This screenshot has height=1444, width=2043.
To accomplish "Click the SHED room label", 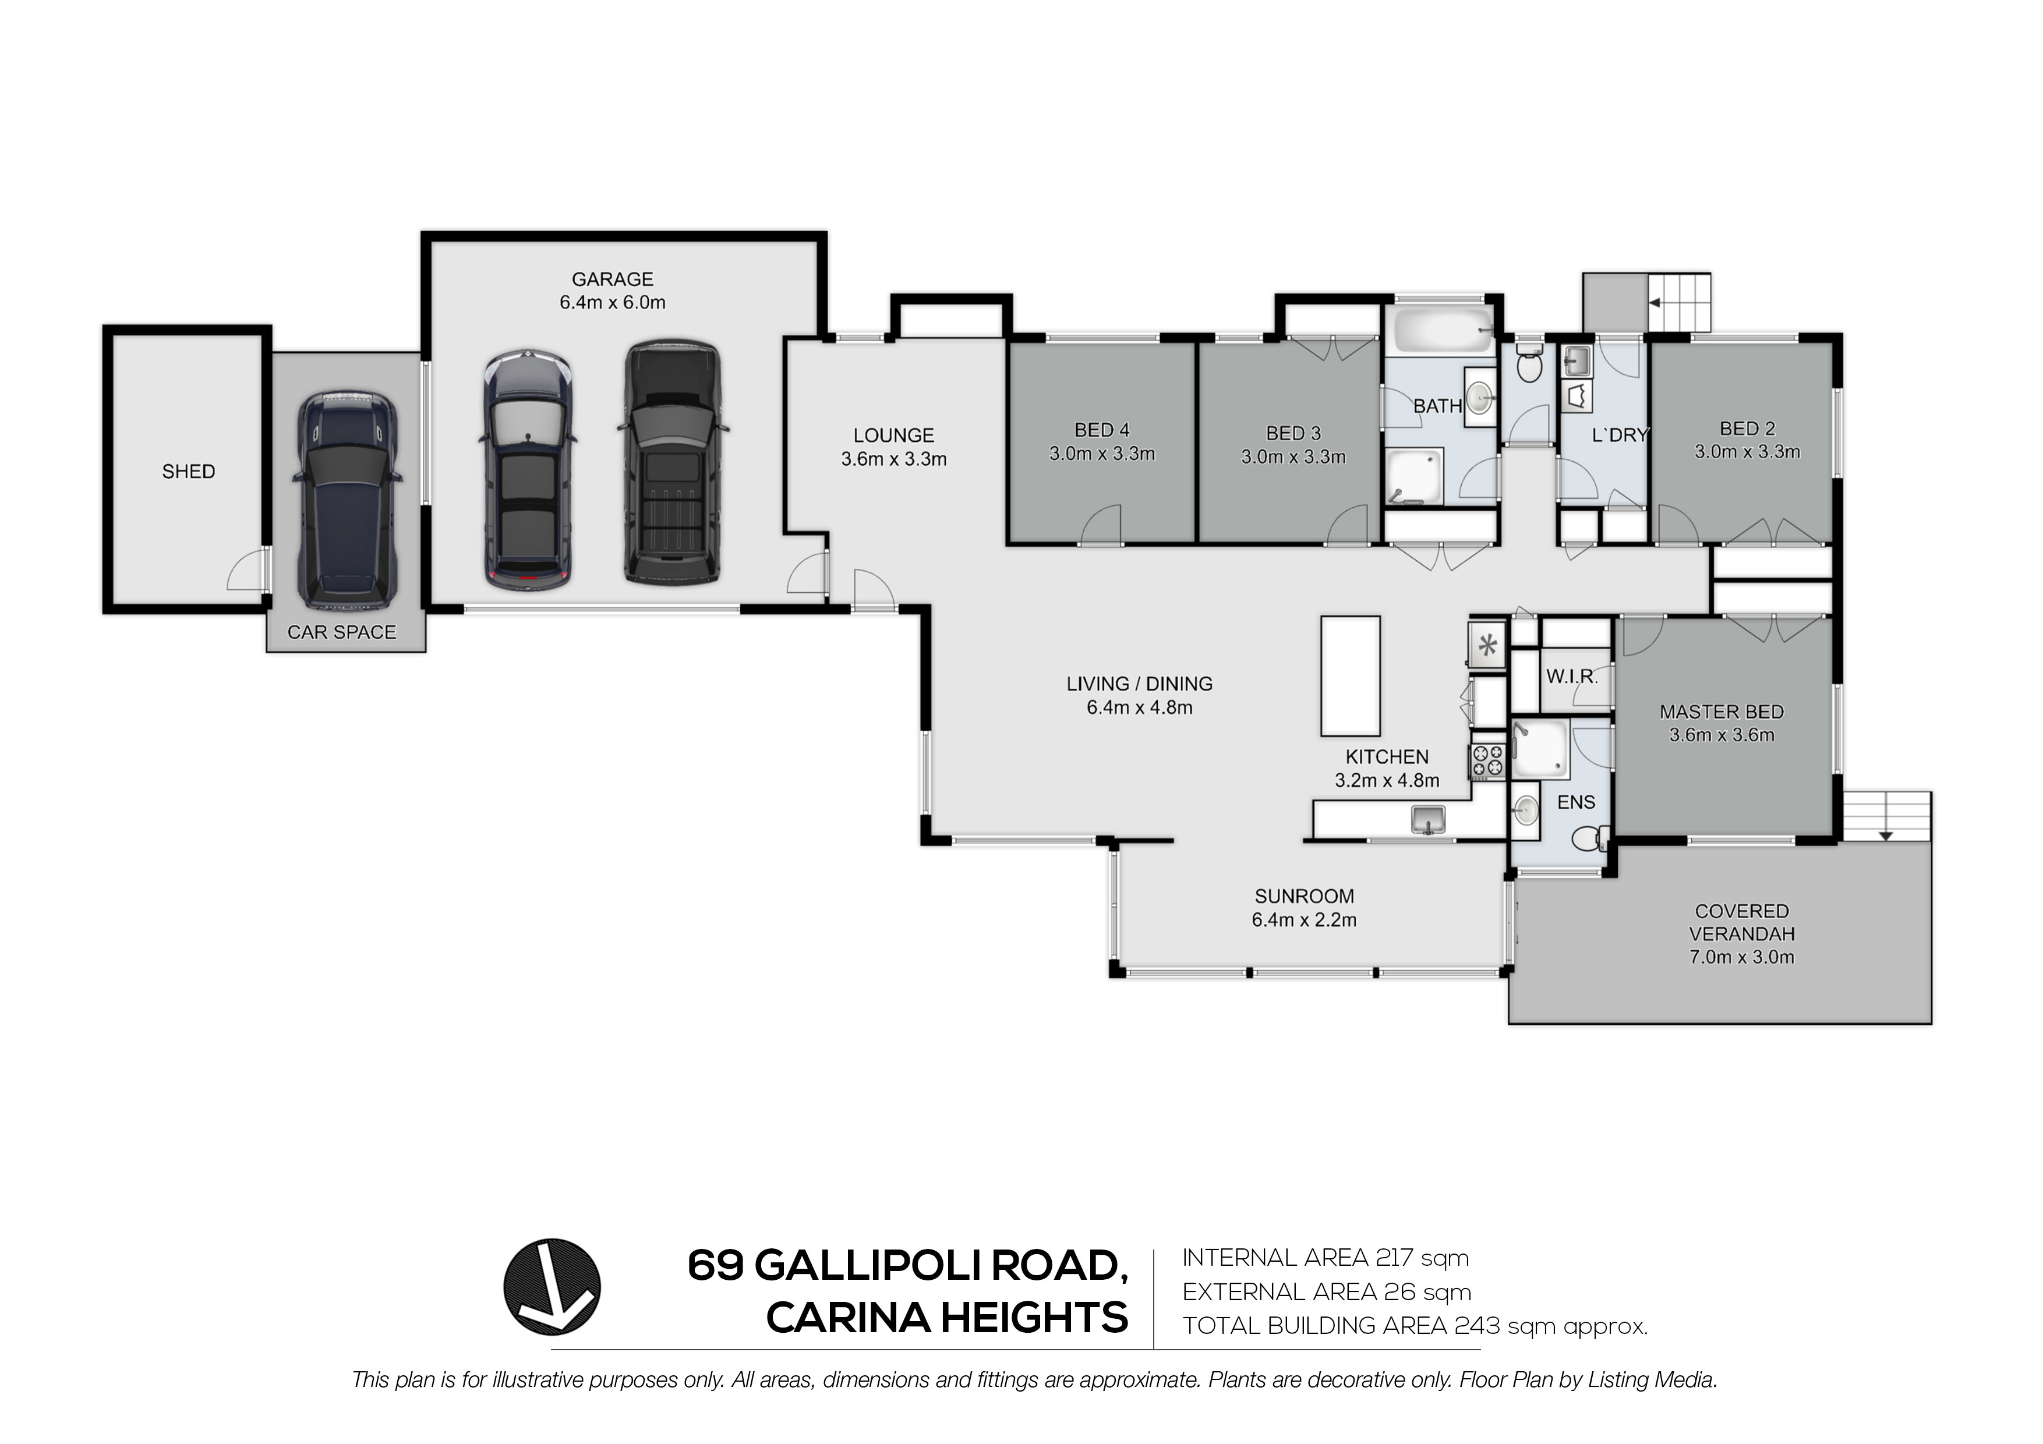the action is click(x=189, y=472).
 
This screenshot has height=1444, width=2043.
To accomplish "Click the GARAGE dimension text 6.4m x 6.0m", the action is click(x=612, y=303).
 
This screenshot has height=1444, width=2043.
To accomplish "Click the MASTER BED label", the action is click(x=1722, y=712).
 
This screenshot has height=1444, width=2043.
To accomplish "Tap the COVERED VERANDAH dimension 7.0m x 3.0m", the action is click(x=1741, y=957).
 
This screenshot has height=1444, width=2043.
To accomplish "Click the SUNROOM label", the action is click(x=1305, y=897).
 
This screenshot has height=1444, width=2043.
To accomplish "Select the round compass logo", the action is click(x=553, y=1287).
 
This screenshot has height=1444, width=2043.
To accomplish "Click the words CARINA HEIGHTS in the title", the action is click(x=947, y=1318).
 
